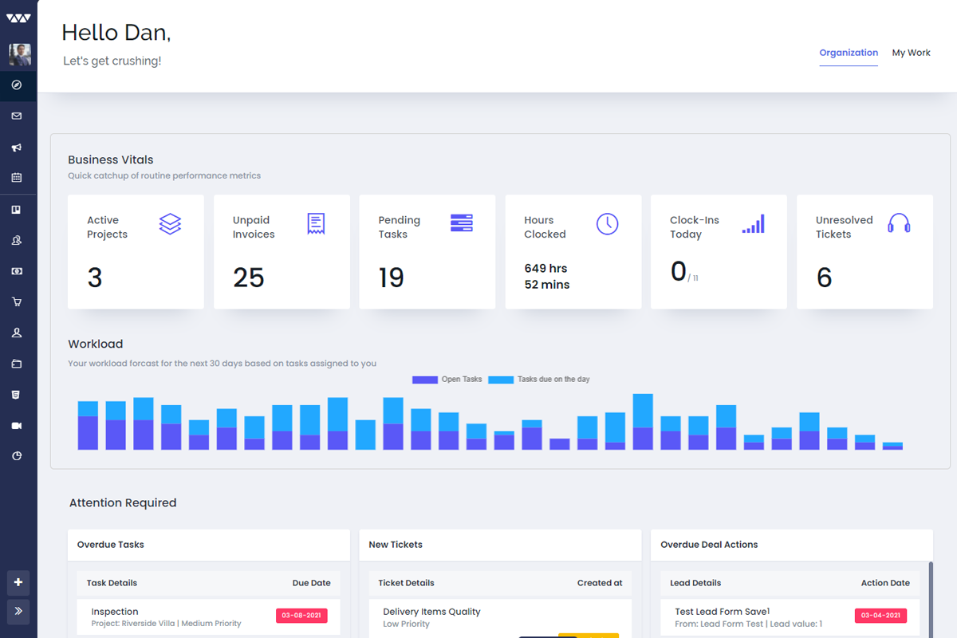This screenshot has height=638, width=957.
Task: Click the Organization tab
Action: (x=849, y=53)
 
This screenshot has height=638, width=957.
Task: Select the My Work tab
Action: (x=911, y=53)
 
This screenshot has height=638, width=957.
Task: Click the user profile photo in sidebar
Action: (x=20, y=54)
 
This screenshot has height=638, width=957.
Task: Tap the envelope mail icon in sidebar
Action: (x=17, y=116)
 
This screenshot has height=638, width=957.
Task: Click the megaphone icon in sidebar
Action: (x=17, y=148)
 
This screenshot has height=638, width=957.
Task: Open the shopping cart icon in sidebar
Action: (x=17, y=302)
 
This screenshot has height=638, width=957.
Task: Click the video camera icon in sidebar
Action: (x=17, y=426)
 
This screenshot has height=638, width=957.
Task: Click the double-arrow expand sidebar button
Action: (x=18, y=612)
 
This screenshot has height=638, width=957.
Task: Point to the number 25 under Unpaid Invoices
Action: (x=248, y=278)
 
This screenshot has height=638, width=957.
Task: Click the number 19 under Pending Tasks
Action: (x=391, y=278)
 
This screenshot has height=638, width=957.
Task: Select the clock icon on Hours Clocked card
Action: (x=607, y=224)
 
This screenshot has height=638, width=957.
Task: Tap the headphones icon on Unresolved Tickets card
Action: (x=899, y=223)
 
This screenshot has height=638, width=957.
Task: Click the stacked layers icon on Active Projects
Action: (x=170, y=224)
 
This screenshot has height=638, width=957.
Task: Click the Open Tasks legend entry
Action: (x=447, y=380)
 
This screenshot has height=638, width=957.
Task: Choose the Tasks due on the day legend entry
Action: (x=540, y=380)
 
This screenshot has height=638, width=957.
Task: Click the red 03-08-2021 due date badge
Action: (x=301, y=616)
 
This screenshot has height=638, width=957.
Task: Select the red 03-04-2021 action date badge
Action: (x=880, y=616)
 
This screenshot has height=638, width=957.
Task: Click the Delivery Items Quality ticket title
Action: (x=431, y=612)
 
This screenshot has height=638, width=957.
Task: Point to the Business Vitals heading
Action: (x=111, y=159)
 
